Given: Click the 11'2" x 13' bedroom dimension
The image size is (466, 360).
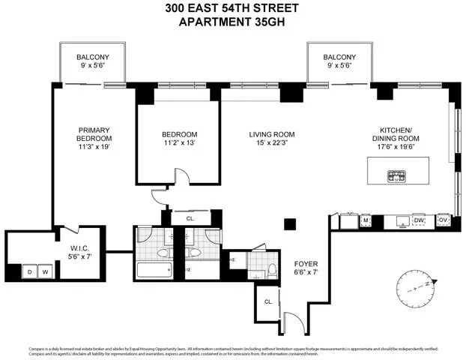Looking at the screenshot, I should coord(178,145).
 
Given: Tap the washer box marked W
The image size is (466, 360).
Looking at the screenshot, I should coord(44,270).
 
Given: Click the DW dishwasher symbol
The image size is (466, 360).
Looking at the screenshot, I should coord(419,220).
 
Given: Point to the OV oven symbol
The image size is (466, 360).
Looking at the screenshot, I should coord(443,220).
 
